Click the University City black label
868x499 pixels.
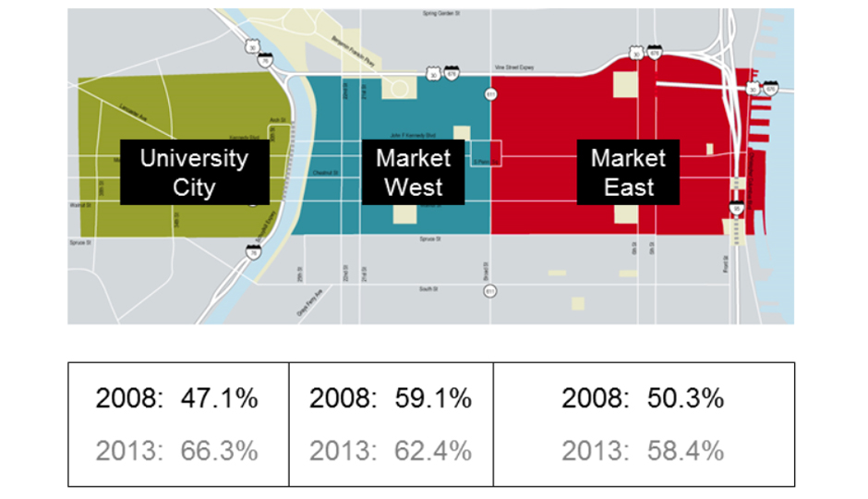click(194, 173)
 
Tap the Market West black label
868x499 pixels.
click(413, 173)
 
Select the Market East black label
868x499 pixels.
click(628, 173)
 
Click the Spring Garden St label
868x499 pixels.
click(441, 14)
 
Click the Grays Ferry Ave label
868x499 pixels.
click(308, 307)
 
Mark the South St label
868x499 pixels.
click(428, 289)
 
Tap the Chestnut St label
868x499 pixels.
click(322, 172)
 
